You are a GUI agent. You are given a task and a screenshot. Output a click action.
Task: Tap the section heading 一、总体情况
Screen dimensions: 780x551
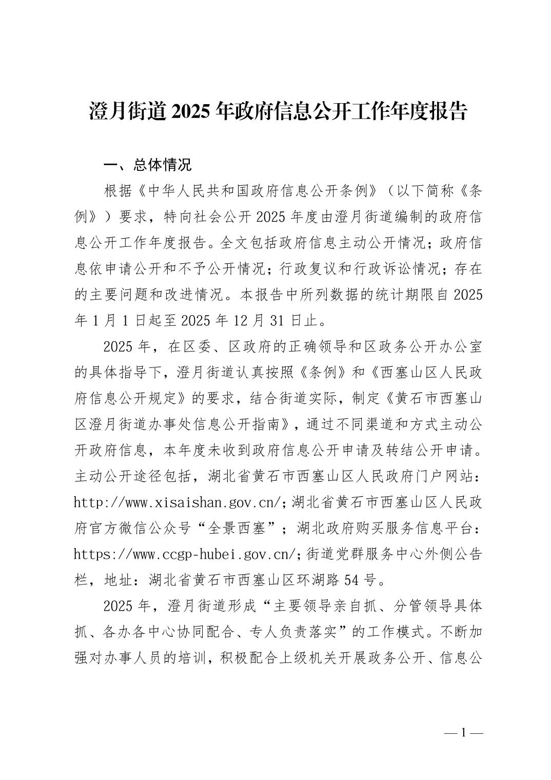tap(147, 165)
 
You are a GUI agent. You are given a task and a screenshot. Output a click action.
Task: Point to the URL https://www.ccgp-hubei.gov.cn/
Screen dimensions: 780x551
tap(185, 554)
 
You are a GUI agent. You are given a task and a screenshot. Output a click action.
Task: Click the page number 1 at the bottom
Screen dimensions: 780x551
tap(463, 732)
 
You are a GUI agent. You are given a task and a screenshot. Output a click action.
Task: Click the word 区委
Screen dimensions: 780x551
tap(187, 346)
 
